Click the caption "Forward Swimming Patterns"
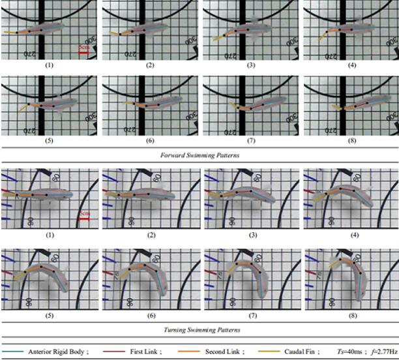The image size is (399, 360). (199, 155)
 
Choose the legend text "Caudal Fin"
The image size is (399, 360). (300, 352)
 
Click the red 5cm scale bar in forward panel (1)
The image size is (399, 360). (83, 52)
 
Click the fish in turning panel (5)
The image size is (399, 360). (49, 277)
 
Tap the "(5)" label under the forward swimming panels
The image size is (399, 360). (48, 139)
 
